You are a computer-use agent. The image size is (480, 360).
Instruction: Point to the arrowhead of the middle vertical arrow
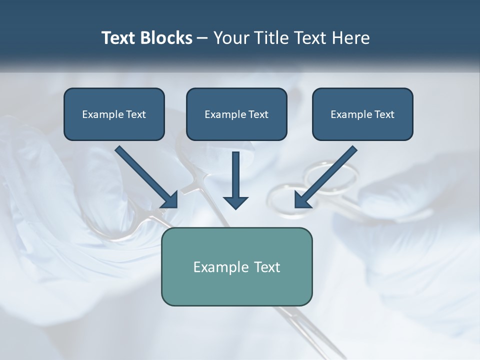coord(235,202)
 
